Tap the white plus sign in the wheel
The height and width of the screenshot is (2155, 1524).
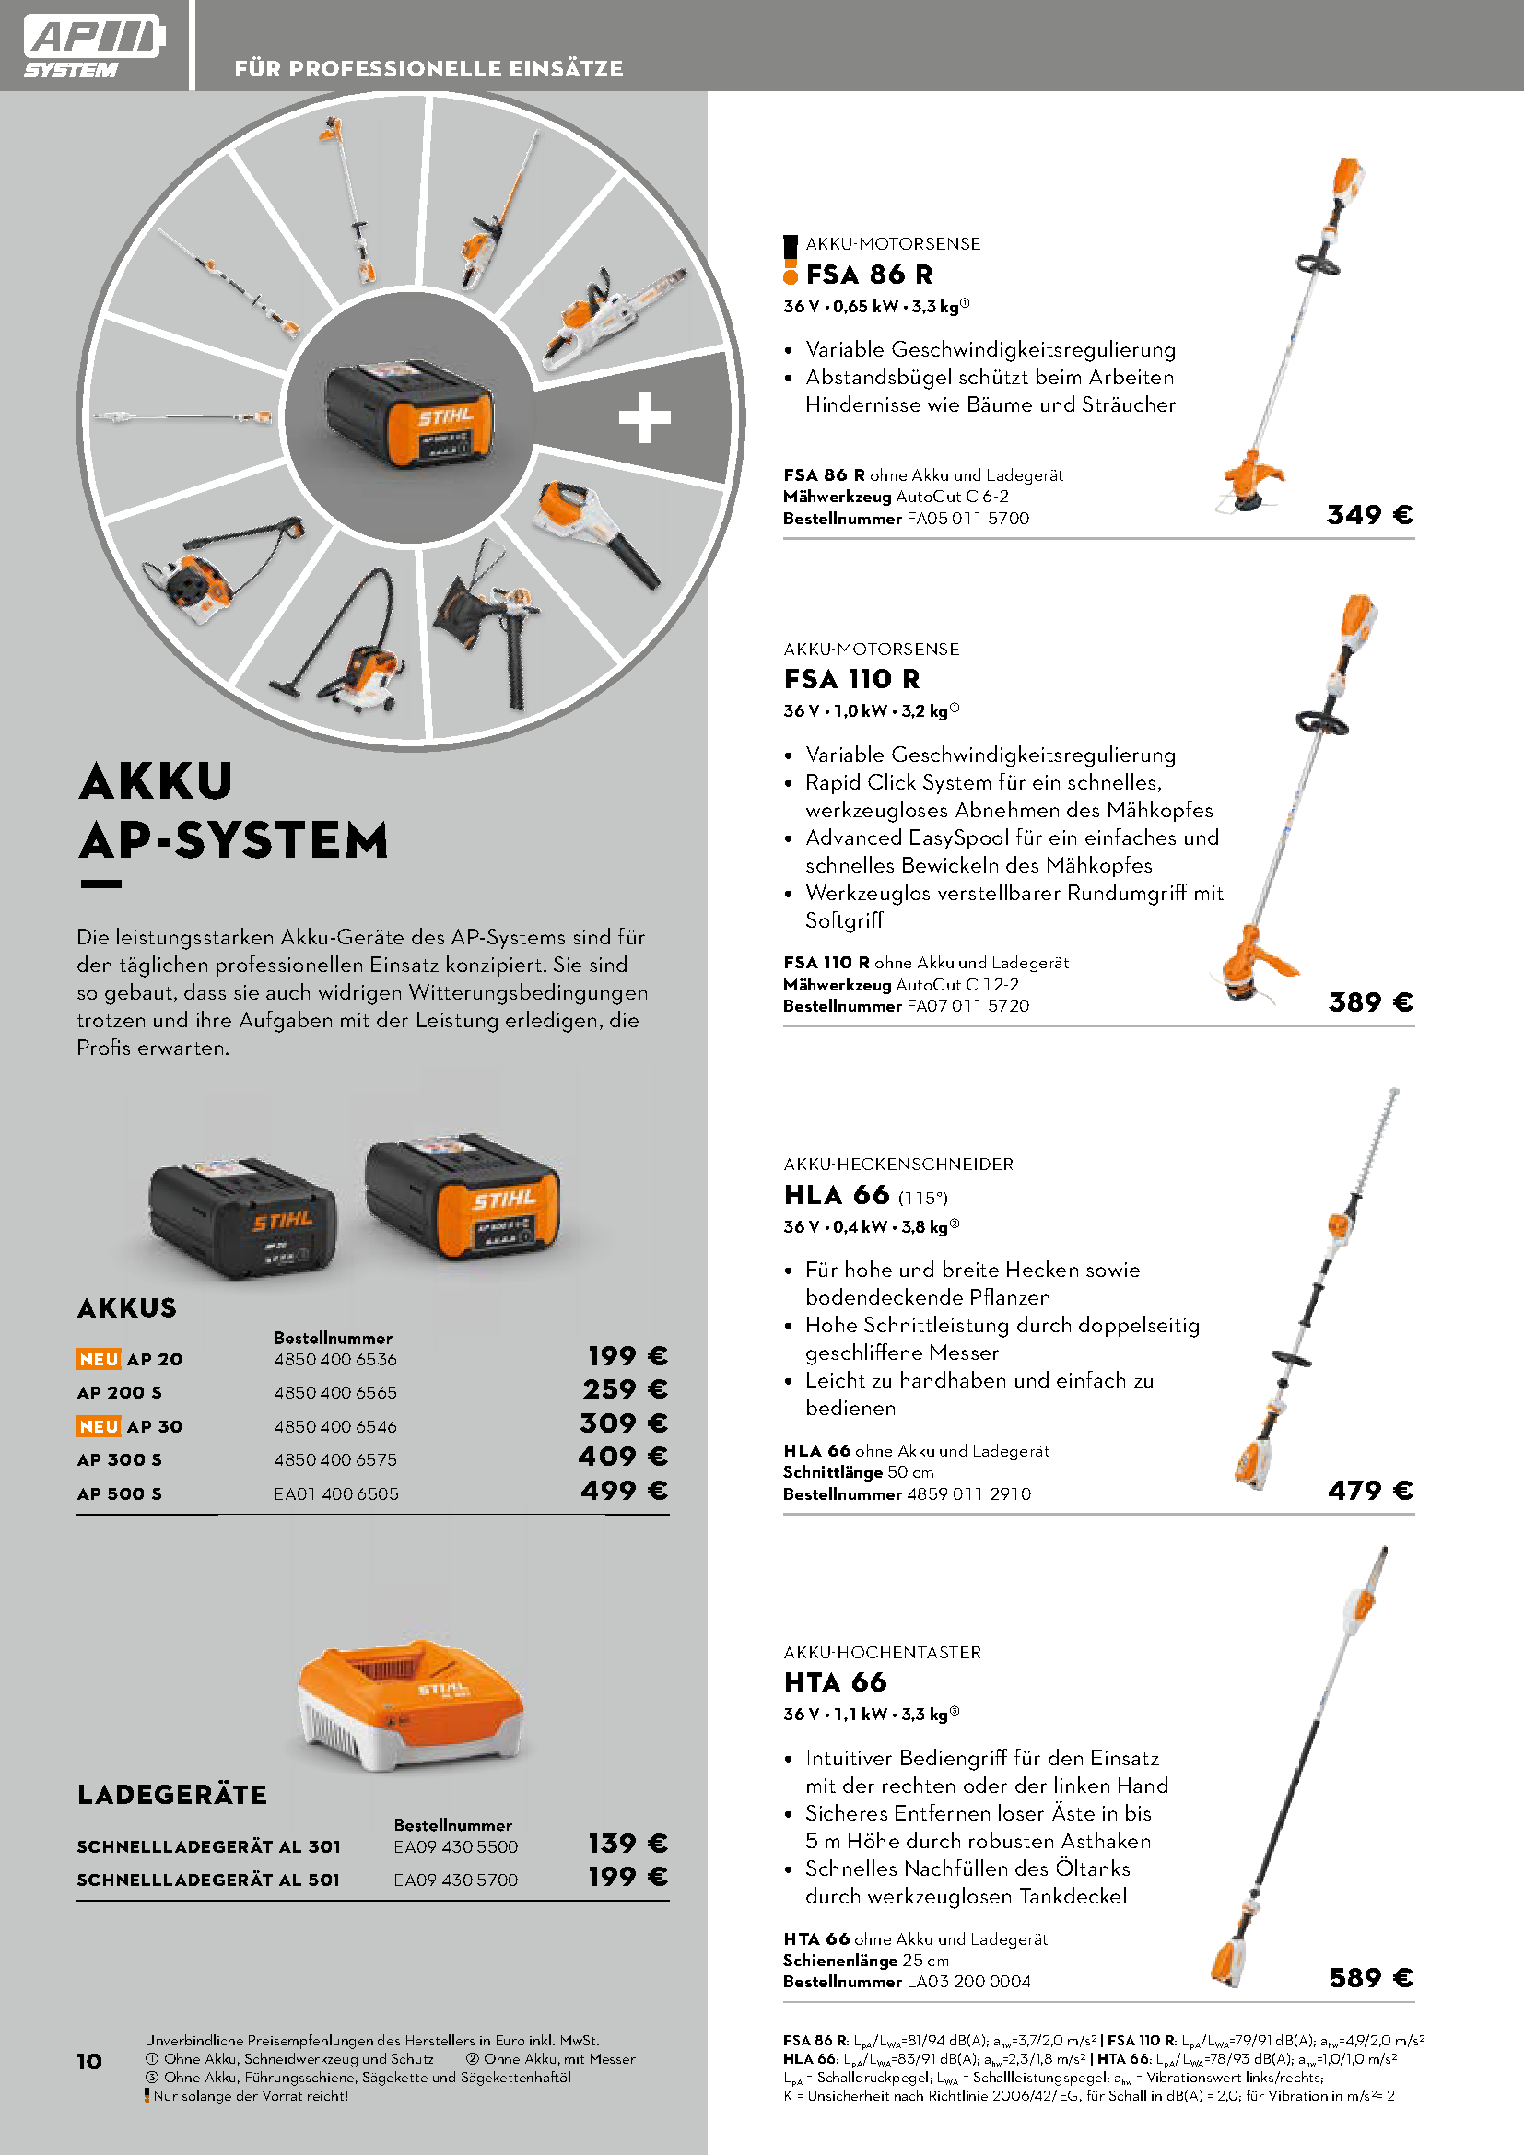click(645, 417)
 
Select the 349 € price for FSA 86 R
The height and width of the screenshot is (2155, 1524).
click(1369, 514)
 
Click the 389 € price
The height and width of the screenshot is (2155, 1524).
click(1370, 1002)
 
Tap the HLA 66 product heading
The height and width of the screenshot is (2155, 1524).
click(837, 1195)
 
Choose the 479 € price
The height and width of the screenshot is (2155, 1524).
click(1370, 1491)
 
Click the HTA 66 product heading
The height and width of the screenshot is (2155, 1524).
click(835, 1682)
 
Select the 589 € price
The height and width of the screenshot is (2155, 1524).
click(1370, 1978)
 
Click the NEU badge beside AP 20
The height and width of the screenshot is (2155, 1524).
click(99, 1359)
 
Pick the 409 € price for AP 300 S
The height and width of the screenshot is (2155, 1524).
click(623, 1457)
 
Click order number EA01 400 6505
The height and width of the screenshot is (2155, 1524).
click(336, 1493)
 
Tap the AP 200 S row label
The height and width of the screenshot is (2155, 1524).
click(119, 1393)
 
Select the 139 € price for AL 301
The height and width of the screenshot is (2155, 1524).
click(627, 1844)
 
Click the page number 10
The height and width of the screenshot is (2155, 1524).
click(89, 2061)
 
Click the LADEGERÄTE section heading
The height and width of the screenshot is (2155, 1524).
click(172, 1795)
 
